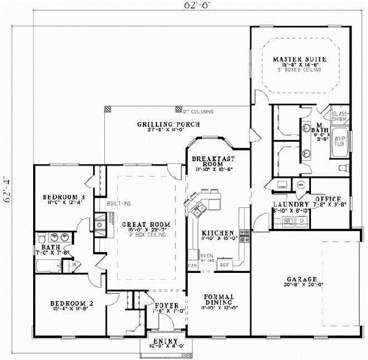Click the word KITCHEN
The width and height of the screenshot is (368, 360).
[217, 234]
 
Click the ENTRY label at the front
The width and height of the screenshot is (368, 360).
[166, 342]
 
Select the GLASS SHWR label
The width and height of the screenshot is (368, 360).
[340, 116]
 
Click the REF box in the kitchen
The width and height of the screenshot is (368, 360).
[224, 265]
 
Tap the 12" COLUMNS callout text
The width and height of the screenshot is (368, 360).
[197, 112]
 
